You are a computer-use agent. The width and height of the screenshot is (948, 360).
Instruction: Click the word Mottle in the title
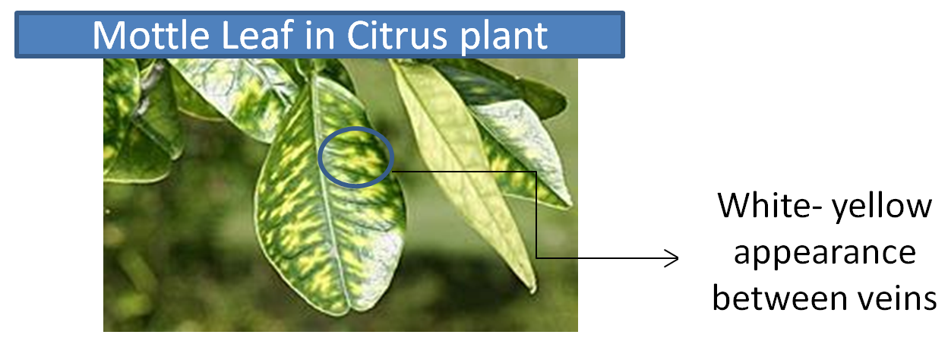[x=150, y=35]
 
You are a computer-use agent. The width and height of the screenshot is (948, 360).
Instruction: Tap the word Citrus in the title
[x=397, y=35]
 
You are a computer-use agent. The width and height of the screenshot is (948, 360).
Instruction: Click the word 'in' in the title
[x=321, y=35]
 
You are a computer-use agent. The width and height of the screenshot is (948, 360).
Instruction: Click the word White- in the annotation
[x=769, y=206]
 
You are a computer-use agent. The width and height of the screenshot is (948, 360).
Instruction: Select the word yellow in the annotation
[x=882, y=208]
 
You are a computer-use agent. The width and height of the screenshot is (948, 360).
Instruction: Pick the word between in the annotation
[x=780, y=298]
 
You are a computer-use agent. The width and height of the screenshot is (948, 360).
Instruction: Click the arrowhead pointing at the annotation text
[x=673, y=258]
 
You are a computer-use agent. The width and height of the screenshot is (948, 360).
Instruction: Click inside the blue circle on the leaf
[x=356, y=157]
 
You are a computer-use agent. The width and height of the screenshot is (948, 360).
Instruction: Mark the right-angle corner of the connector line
[x=536, y=172]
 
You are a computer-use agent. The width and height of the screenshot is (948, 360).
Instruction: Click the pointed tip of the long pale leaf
[x=532, y=290]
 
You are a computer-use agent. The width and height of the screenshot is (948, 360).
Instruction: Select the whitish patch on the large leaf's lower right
[x=381, y=267]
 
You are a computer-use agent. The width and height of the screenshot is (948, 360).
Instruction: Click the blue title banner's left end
[x=17, y=35]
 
